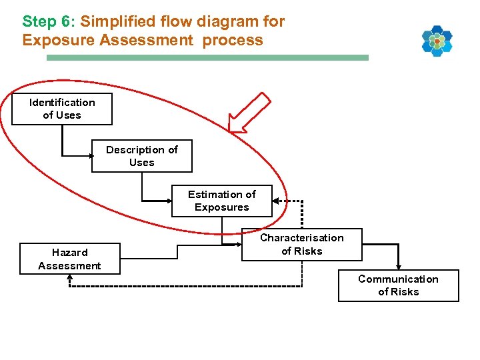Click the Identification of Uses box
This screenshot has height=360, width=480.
(62, 109)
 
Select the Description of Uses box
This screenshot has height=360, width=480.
(141, 156)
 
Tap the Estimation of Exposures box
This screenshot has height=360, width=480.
(221, 201)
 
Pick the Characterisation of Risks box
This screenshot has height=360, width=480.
(301, 244)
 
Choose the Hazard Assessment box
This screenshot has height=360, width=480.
(69, 259)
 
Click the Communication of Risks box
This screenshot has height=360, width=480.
(398, 285)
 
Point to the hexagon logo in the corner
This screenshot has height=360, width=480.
(437, 41)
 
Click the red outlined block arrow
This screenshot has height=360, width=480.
(249, 112)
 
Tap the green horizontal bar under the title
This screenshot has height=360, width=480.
(207, 58)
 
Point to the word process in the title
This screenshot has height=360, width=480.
(233, 40)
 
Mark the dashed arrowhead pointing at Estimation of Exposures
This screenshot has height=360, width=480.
(277, 201)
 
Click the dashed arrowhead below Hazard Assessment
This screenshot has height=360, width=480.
(69, 278)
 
